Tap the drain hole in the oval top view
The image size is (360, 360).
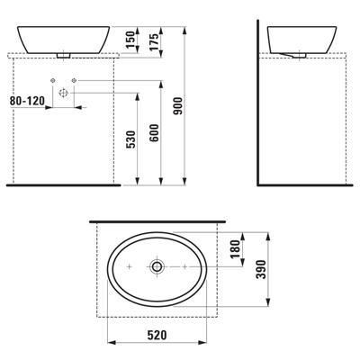click(157, 267)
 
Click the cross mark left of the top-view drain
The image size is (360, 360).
click(130, 267)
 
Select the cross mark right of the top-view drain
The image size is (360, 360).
click(183, 267)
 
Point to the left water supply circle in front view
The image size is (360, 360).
click(50, 82)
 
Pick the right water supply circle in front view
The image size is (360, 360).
click(75, 82)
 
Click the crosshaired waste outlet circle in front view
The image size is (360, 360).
click(63, 93)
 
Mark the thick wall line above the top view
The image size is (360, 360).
click(157, 219)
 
